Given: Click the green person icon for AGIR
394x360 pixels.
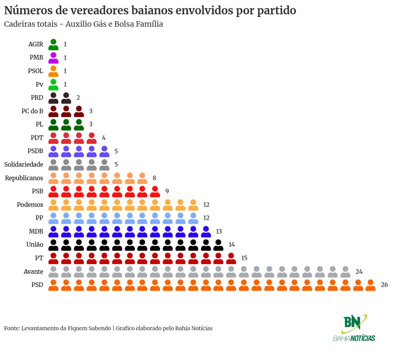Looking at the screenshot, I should pyautogui.click(x=53, y=44).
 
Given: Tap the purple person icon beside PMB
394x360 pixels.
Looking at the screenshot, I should pyautogui.click(x=53, y=58).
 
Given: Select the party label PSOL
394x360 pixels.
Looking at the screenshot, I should pyautogui.click(x=36, y=71).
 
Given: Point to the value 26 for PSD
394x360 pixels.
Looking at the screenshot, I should pyautogui.click(x=384, y=285).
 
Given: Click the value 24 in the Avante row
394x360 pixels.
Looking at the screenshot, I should pyautogui.click(x=359, y=271).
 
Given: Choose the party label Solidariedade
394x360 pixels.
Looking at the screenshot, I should pyautogui.click(x=24, y=165).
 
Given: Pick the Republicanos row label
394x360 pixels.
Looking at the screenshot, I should pyautogui.click(x=24, y=178).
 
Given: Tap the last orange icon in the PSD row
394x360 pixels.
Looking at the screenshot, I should pyautogui.click(x=370, y=285).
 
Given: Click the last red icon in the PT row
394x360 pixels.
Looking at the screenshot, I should pyautogui.click(x=231, y=258).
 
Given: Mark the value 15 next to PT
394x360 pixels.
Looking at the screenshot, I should pyautogui.click(x=244, y=258).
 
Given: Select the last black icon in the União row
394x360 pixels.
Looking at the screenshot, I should pyautogui.click(x=218, y=245).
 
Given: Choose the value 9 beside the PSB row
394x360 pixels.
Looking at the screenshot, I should pyautogui.click(x=167, y=191).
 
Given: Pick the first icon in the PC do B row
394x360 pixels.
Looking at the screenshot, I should pyautogui.click(x=53, y=111).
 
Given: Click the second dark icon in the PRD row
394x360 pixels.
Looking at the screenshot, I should pyautogui.click(x=66, y=98).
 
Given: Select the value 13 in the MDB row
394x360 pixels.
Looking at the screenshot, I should pyautogui.click(x=219, y=232).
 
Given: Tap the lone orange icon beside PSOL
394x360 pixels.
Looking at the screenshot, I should pyautogui.click(x=53, y=71).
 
